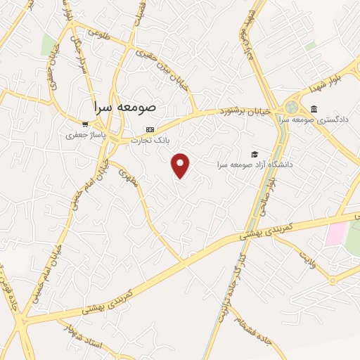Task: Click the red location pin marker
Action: click(x=181, y=165)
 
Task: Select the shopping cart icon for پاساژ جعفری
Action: click(x=85, y=124)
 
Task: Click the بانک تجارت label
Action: click(x=149, y=139)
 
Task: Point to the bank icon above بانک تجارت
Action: click(x=149, y=129)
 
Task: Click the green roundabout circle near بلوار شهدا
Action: click(x=290, y=107)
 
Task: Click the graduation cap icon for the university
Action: click(x=254, y=154)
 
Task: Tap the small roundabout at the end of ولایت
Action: click(x=331, y=279)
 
